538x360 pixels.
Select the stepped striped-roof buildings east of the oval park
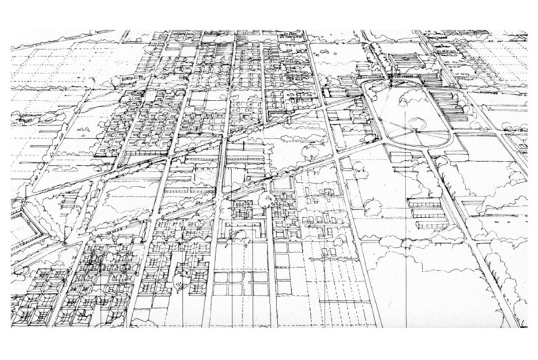(464, 104)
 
